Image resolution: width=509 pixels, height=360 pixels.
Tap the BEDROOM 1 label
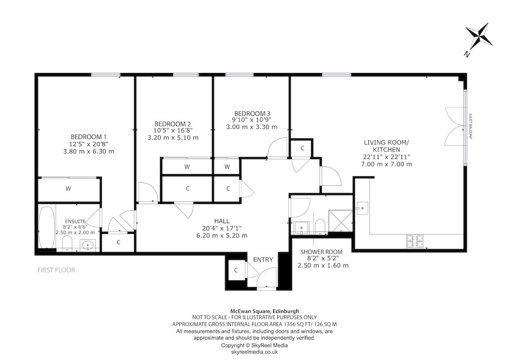(88, 137)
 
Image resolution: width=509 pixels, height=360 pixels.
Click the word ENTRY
(263, 260)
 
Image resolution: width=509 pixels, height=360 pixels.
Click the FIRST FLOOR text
(56, 270)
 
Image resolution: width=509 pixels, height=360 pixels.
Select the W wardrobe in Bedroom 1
(68, 188)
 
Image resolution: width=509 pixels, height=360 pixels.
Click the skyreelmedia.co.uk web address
(254, 351)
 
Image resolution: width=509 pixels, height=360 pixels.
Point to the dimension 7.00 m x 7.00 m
(387, 164)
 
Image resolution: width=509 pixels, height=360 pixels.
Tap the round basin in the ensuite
(87, 245)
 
